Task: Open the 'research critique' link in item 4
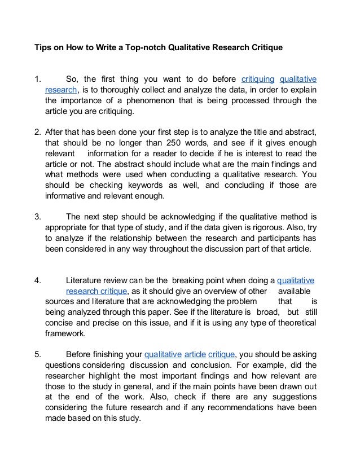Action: pyautogui.click(x=98, y=291)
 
